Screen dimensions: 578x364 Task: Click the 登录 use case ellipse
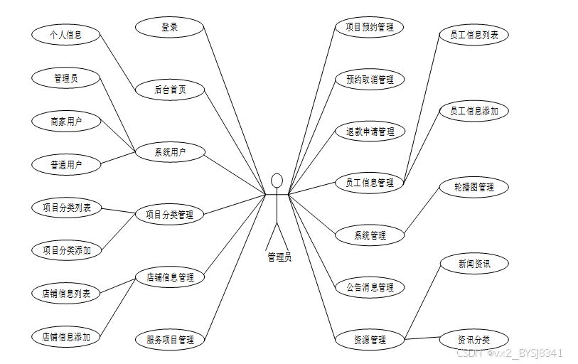point(169,28)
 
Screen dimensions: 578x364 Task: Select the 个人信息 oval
point(65,34)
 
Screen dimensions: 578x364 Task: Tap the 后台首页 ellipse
point(170,90)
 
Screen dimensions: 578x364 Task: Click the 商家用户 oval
point(65,122)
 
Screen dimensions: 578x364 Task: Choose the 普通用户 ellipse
point(65,165)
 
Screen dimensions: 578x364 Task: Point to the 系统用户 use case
point(170,151)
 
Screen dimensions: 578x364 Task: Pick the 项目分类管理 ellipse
point(170,214)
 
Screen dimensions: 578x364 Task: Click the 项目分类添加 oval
point(66,250)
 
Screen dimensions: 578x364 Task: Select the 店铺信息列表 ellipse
point(66,292)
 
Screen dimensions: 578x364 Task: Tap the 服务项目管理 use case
point(170,340)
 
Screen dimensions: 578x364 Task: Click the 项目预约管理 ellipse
point(370,28)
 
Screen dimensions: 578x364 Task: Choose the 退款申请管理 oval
point(370,132)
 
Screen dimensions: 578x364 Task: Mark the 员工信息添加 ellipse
point(474,111)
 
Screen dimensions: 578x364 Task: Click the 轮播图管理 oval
point(474,187)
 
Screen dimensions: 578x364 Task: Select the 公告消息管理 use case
point(370,287)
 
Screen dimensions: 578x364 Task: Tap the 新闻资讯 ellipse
point(474,264)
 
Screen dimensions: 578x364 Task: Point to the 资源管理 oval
point(370,340)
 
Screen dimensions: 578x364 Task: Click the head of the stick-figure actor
point(277,180)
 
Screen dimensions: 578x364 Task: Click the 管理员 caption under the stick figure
point(279,257)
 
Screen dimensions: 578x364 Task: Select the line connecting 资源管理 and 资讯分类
point(422,339)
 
